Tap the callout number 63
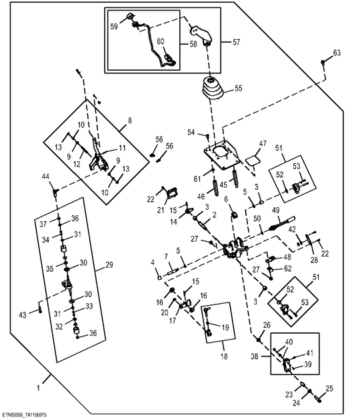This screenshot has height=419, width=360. (337, 53)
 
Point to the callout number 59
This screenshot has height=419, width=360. (114, 27)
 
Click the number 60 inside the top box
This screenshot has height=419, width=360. (160, 42)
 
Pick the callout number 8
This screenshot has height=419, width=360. (129, 121)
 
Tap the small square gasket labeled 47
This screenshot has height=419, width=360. (252, 161)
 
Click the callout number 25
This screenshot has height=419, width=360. (329, 388)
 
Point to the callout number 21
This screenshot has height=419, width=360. (161, 210)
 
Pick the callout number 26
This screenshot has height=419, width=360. (266, 325)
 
